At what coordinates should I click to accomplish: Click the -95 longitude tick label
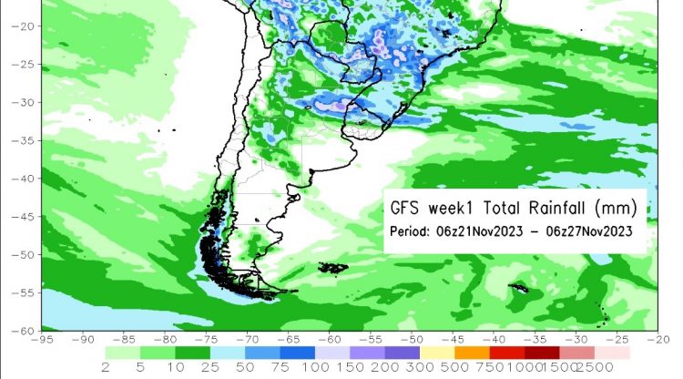click(41, 340)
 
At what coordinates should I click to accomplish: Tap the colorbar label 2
click(107, 368)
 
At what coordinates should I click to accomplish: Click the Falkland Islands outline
click(333, 267)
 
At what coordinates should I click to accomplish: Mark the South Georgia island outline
click(519, 288)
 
